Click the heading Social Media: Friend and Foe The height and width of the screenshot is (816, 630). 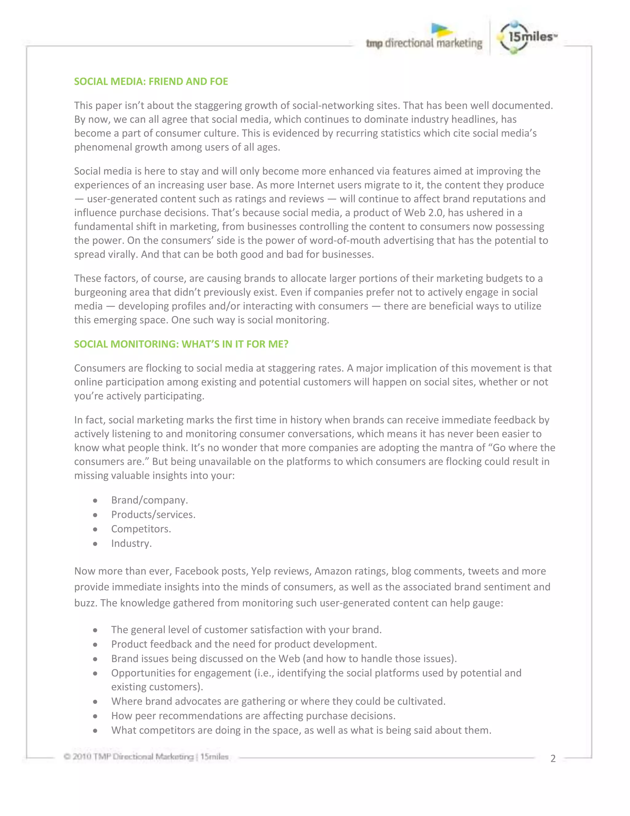151,82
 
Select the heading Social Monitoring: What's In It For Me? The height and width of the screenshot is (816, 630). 181,344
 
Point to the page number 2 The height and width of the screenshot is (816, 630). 553,758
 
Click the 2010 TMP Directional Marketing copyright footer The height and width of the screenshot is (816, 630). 146,757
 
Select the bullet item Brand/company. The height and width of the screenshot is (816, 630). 149,500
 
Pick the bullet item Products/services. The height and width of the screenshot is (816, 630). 153,515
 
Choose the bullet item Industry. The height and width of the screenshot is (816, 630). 131,543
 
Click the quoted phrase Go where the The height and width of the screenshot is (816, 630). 521,448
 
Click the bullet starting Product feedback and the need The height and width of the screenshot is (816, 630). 244,644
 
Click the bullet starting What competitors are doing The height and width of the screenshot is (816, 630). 301,730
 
